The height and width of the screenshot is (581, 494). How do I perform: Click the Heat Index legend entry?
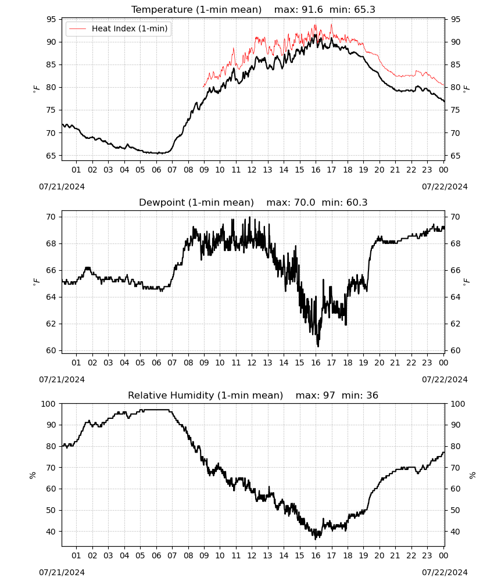coord(118,28)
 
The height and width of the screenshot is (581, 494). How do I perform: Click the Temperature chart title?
coord(196,9)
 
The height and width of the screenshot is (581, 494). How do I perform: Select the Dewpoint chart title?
coord(196,202)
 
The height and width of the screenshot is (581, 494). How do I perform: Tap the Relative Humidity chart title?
coord(205,395)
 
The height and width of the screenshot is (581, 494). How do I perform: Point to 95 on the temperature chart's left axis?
coord(51,19)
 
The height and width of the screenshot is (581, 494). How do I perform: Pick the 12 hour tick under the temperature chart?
coord(252,170)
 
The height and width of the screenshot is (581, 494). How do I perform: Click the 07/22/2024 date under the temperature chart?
coord(445,187)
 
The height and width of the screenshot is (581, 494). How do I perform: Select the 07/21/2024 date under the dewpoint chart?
coord(62,379)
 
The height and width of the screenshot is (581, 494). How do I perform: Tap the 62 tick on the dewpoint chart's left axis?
coord(51,324)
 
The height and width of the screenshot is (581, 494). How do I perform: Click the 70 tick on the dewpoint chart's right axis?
coord(455,217)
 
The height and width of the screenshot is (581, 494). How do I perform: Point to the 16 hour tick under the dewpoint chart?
coord(316,363)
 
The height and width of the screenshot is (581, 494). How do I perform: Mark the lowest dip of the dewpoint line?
coord(318,346)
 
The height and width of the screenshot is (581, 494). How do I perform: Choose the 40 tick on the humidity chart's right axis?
coord(455,532)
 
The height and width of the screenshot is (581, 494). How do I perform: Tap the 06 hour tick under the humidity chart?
coord(156,555)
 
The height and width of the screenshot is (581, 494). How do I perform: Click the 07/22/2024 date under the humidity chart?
coord(445,572)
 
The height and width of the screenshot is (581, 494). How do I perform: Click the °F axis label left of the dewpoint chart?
coord(36,282)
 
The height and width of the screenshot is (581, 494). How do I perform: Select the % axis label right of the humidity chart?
coord(472,475)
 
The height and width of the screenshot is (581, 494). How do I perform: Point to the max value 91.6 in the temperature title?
coord(312,9)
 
